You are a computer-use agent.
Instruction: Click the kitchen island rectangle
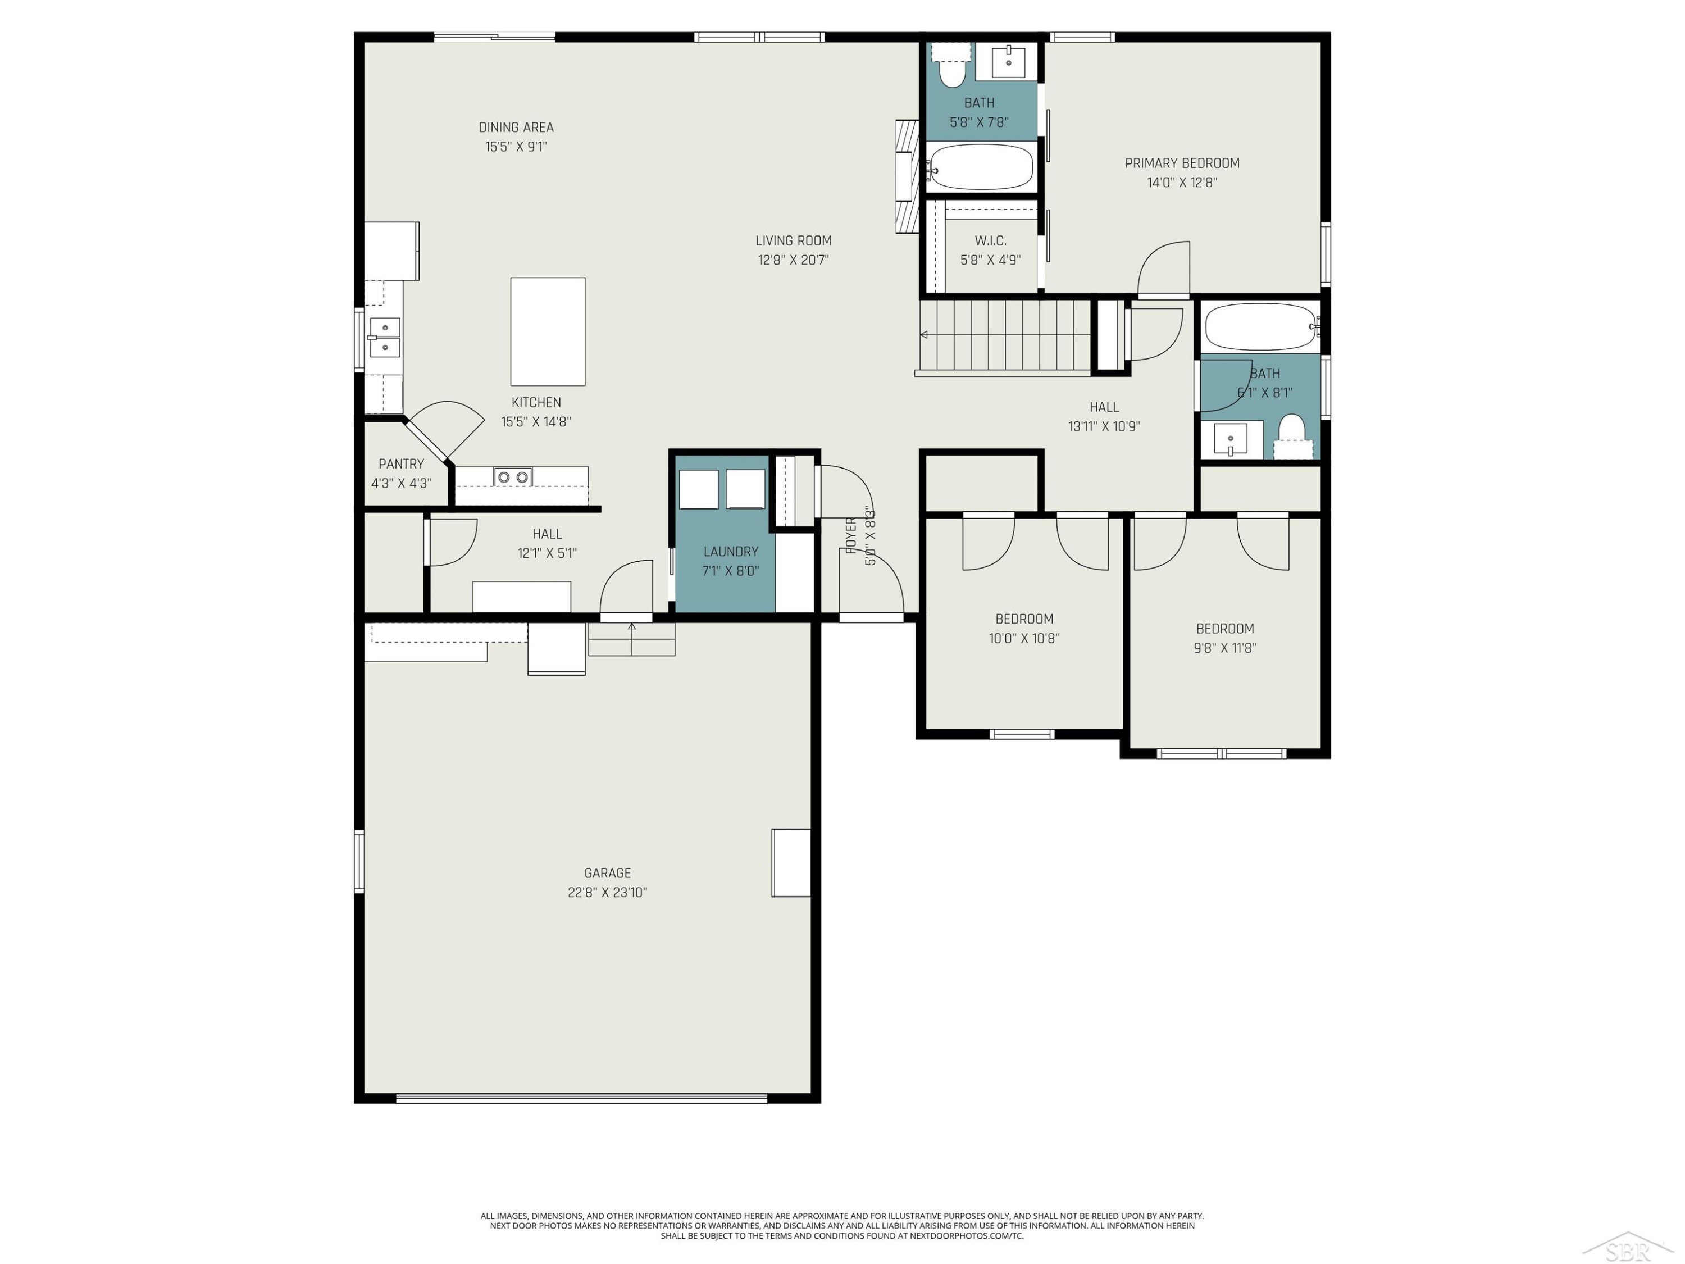click(548, 331)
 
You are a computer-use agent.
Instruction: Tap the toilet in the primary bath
click(951, 66)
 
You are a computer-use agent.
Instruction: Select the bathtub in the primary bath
click(981, 167)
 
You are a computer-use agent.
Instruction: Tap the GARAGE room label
click(607, 873)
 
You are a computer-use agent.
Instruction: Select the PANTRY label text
click(402, 464)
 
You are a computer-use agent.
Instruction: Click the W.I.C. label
click(990, 241)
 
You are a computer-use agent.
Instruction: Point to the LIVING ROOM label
click(793, 241)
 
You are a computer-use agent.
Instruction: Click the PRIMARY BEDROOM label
click(1182, 163)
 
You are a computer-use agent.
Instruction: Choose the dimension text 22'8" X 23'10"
click(607, 892)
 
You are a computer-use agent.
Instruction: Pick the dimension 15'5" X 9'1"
click(517, 146)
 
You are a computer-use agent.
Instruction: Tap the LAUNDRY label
click(731, 552)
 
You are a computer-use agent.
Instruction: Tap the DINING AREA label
click(517, 127)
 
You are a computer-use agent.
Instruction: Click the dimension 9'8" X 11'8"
click(1225, 648)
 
